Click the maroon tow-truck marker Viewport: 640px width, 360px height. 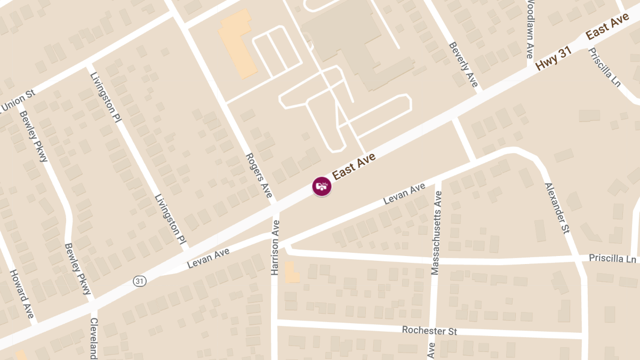(x=322, y=186)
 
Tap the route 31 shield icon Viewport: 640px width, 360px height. (x=140, y=281)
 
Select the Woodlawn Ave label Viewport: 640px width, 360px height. (x=530, y=29)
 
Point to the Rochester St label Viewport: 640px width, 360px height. (x=429, y=331)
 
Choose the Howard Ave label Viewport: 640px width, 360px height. (x=22, y=293)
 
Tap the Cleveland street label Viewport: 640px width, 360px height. (x=94, y=338)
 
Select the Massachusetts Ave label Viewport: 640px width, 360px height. (x=436, y=233)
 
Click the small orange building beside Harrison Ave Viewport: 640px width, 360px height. (x=292, y=272)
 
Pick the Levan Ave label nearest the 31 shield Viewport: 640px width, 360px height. (x=209, y=258)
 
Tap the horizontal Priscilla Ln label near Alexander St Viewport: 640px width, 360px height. (x=612, y=258)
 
